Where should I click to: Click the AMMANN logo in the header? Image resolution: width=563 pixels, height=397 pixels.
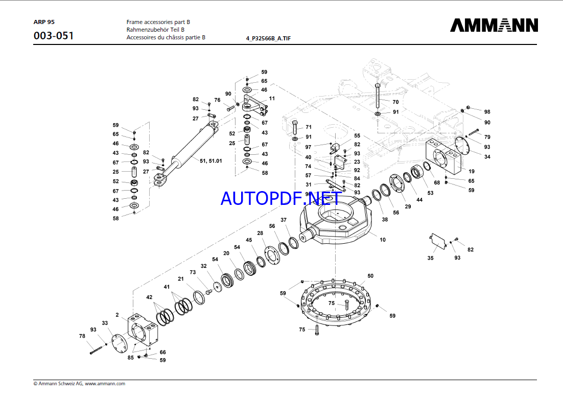click(x=494, y=26)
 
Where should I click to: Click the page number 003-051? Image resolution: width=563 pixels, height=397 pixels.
click(x=53, y=36)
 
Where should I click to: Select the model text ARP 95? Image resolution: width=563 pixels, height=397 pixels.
click(x=44, y=22)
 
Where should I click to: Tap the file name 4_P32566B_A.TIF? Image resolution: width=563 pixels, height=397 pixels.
click(x=268, y=38)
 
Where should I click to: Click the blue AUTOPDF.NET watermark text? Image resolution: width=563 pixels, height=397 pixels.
click(x=280, y=197)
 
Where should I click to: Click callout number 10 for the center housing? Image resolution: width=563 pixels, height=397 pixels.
click(x=382, y=239)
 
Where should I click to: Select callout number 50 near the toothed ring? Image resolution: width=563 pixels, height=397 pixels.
click(x=370, y=276)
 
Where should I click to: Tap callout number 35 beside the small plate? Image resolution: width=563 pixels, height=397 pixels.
click(x=430, y=258)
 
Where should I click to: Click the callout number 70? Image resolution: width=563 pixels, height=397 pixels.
click(x=395, y=102)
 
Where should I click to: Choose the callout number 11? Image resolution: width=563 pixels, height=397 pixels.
click(x=272, y=98)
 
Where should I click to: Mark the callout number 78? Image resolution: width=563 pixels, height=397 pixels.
click(x=82, y=336)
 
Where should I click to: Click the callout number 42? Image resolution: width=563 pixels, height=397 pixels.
click(x=149, y=297)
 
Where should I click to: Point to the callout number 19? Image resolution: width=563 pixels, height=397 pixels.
click(x=472, y=171)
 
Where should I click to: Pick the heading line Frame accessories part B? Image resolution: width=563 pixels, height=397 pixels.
click(x=158, y=22)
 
